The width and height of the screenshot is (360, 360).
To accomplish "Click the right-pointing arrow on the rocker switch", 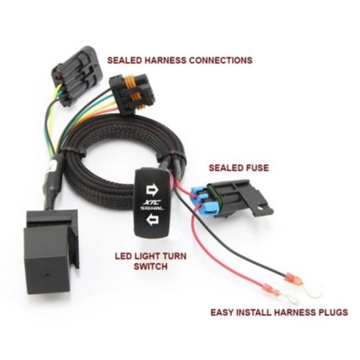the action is [x=152, y=190].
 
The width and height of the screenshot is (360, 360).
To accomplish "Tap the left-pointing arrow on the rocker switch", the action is [x=152, y=219].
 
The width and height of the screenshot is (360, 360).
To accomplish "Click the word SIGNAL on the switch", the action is [x=152, y=208].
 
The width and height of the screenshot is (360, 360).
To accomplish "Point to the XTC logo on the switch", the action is [x=152, y=202].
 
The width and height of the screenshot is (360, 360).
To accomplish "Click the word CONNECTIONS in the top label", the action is [x=221, y=60].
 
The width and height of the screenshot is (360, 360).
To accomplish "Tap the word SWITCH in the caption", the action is [x=151, y=266].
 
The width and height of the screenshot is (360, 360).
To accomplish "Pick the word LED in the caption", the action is [x=123, y=256].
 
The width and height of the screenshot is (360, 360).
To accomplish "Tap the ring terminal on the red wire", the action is [x=291, y=301].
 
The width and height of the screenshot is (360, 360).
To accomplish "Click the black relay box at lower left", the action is [x=52, y=253].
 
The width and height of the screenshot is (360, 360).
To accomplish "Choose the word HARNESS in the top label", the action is [x=165, y=60].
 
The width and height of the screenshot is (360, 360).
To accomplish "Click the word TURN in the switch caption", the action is [x=174, y=256].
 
